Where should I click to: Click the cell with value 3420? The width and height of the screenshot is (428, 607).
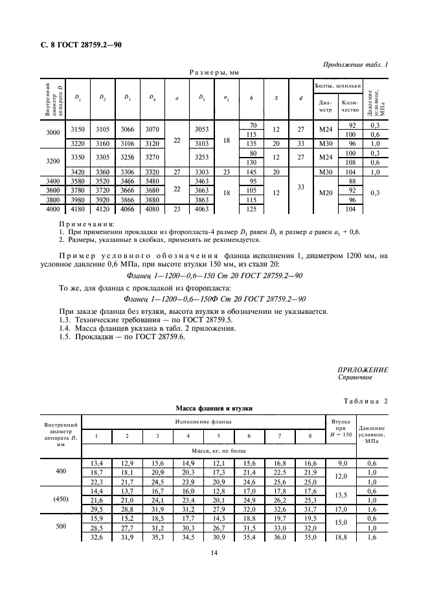pyautogui.click(x=78, y=171)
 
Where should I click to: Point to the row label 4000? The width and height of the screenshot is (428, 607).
pyautogui.click(x=54, y=208)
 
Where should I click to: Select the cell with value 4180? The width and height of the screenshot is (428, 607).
pyautogui.click(x=78, y=208)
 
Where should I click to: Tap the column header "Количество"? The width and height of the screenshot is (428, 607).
pyautogui.click(x=350, y=105)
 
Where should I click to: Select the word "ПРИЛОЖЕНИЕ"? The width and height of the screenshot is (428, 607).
pyautogui.click(x=363, y=370)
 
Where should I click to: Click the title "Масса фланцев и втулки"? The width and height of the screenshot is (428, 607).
pyautogui.click(x=213, y=409)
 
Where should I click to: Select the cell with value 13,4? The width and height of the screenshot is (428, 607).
pyautogui.click(x=97, y=462)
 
